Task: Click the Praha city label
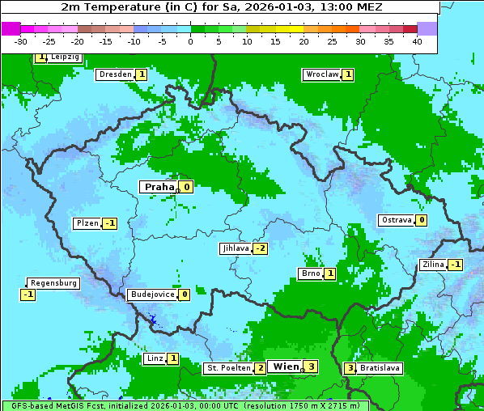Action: [159, 187]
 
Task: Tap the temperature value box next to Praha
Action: [186, 187]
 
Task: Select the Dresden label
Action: [115, 74]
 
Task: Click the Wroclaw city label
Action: [321, 74]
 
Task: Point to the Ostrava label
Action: [396, 220]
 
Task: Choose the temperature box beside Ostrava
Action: [422, 220]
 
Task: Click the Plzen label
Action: [87, 223]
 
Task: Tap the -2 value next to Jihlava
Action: [260, 248]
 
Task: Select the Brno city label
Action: [310, 273]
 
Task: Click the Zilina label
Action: [433, 265]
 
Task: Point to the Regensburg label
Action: [53, 283]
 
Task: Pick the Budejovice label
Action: [152, 294]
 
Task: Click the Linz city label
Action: [155, 358]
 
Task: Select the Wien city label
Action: [286, 367]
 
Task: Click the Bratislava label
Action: [380, 368]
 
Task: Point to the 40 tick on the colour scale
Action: [417, 41]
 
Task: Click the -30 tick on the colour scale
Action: [21, 41]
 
